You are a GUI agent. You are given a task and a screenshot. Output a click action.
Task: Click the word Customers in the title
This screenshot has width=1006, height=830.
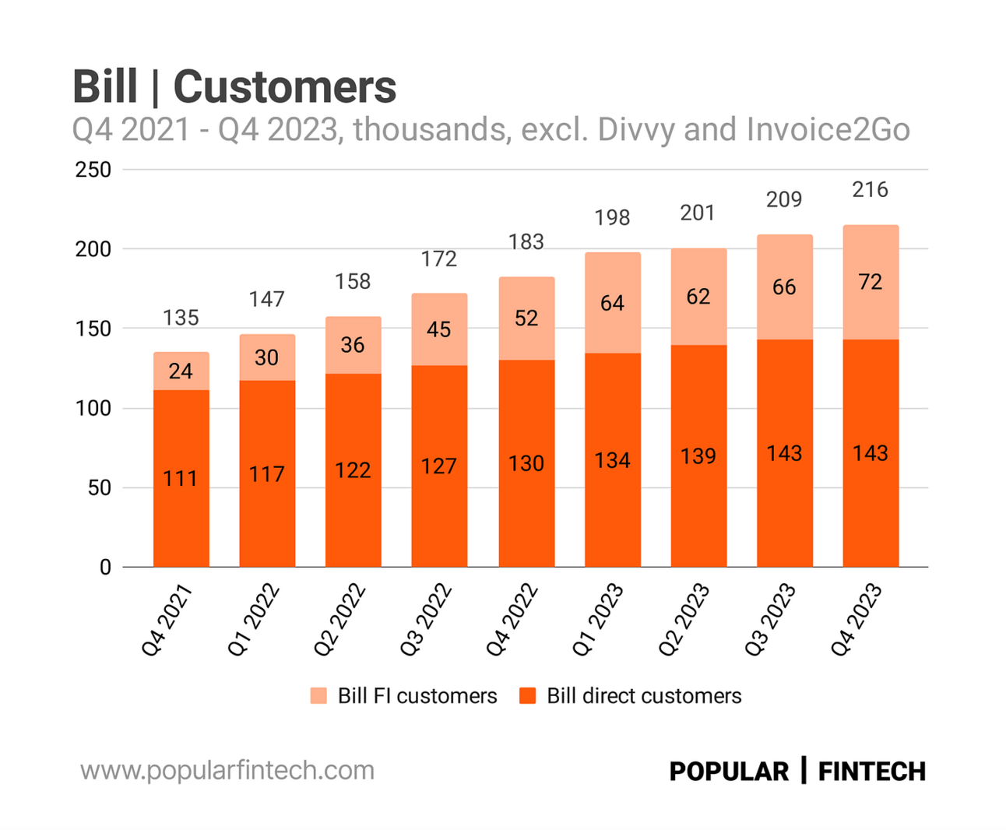[284, 86]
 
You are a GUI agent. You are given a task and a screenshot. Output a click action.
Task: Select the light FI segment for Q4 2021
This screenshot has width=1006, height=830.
[181, 371]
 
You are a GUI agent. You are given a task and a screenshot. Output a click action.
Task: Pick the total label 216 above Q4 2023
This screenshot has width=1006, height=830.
[870, 189]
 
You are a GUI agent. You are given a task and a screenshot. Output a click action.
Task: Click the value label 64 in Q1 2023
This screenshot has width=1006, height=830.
[612, 303]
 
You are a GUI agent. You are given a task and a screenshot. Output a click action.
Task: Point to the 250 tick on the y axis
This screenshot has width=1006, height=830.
[93, 170]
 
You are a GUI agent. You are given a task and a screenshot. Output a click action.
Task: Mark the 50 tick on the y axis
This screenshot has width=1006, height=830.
[99, 488]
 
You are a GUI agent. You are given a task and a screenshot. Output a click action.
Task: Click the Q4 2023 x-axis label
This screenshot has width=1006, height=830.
[856, 620]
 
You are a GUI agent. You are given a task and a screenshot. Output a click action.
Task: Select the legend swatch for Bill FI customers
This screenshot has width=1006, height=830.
[318, 695]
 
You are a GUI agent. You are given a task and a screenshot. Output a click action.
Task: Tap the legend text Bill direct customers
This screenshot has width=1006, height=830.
[644, 695]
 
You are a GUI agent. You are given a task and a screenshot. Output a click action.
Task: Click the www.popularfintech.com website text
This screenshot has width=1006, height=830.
[227, 770]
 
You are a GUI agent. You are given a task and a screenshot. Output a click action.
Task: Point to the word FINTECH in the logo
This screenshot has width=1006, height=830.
[871, 771]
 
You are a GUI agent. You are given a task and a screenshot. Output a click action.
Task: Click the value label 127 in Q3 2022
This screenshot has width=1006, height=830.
[438, 466]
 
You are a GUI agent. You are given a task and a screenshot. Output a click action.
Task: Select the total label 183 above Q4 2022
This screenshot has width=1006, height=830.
[526, 241]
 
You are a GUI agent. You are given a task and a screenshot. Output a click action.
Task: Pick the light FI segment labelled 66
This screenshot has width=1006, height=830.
[784, 287]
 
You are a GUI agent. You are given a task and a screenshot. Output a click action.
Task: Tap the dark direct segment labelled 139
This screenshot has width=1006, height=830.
[698, 455]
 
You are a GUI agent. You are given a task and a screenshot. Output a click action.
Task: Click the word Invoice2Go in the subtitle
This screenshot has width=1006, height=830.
[828, 130]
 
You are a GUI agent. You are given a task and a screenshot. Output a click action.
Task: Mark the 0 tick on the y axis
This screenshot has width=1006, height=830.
[105, 568]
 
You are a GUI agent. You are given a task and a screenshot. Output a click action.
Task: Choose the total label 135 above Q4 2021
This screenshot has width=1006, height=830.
[181, 318]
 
